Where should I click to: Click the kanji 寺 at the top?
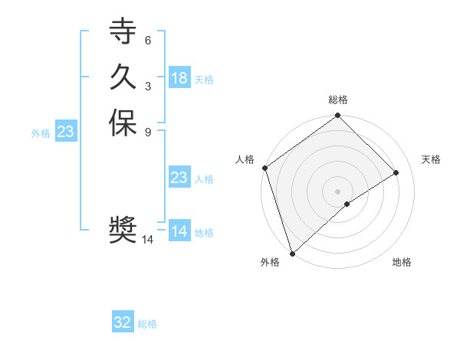click(x=122, y=33)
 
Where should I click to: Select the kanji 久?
click(x=122, y=77)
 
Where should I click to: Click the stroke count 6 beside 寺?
click(x=147, y=41)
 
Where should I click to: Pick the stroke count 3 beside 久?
click(x=147, y=86)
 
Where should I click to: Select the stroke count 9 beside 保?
click(x=147, y=131)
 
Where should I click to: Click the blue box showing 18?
click(x=179, y=78)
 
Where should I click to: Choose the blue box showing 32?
click(x=123, y=322)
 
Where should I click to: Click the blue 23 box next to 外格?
click(x=65, y=132)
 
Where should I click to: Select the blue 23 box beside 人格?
click(x=179, y=178)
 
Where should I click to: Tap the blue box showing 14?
click(x=179, y=231)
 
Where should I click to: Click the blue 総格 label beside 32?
click(x=147, y=324)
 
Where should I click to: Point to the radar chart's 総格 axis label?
click(x=337, y=100)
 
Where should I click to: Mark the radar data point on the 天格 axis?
click(x=396, y=173)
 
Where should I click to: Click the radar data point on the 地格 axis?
click(x=347, y=204)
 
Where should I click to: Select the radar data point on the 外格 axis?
click(x=292, y=252)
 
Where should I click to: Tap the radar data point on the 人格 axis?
click(x=264, y=168)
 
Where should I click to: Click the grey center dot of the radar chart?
click(x=337, y=191)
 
